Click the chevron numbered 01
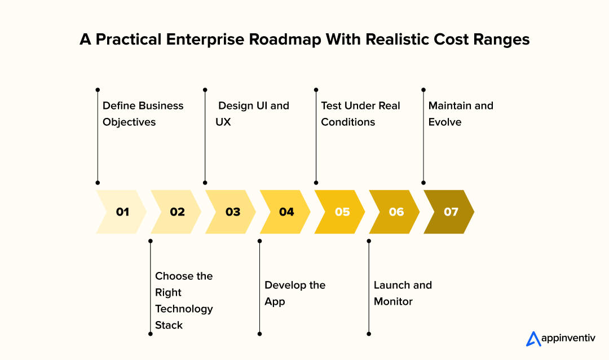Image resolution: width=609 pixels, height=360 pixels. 122,212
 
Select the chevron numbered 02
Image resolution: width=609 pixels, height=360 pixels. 177,212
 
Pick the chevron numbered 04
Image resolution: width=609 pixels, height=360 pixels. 286,212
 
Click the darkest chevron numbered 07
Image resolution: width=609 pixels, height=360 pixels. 451,212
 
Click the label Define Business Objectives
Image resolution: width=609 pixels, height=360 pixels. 143,114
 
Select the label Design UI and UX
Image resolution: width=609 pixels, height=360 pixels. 252,114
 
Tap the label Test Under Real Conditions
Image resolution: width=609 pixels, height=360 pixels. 360,114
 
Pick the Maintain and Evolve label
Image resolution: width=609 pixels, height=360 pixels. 460,114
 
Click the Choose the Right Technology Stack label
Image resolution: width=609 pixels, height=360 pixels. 184,300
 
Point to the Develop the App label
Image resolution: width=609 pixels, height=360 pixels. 294,293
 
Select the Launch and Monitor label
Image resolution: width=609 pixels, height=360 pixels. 403,293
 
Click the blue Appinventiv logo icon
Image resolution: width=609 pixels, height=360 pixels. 533,339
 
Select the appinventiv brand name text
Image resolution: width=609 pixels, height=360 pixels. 568,339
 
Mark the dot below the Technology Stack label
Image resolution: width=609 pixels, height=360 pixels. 151,334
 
